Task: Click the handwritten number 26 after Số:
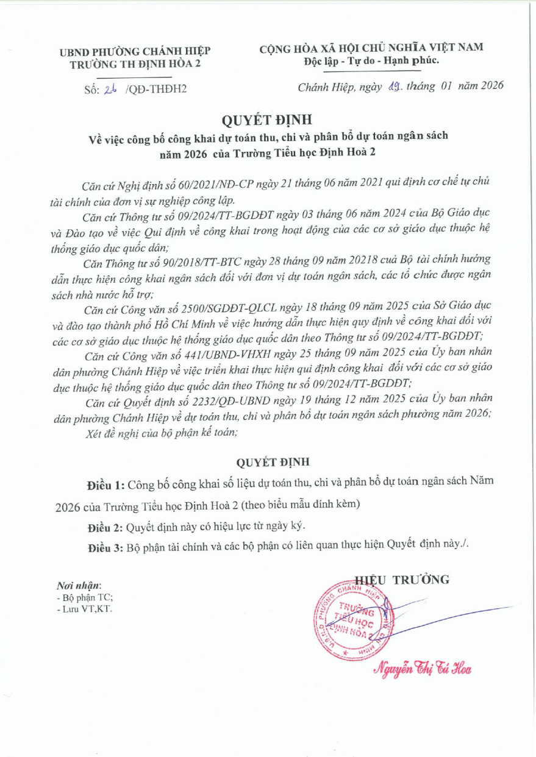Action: pyautogui.click(x=110, y=89)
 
